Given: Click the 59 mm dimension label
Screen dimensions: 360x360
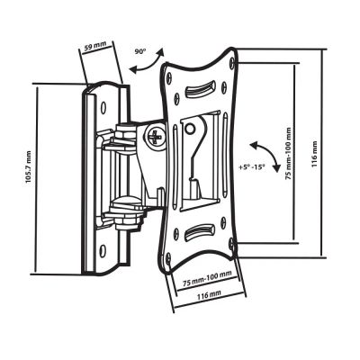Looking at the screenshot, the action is (95, 46).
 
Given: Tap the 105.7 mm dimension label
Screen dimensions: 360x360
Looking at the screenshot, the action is (28, 167).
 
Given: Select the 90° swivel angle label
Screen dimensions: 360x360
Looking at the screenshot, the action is (139, 51).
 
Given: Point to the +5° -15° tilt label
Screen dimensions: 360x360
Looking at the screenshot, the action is (252, 167).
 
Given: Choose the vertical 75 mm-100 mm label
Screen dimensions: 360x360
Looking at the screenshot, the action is (288, 154).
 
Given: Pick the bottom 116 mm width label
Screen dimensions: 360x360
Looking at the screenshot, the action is (209, 296).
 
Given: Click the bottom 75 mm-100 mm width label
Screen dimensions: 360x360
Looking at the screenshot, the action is (207, 279).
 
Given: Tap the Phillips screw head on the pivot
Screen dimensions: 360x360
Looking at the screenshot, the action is (156, 137).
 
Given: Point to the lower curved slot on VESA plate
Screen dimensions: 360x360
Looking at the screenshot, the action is (199, 232).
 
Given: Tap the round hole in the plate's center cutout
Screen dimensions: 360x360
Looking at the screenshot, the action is (189, 129).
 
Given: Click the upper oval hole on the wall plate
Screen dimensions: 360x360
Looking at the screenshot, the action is (103, 107).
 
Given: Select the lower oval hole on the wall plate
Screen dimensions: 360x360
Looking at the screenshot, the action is (103, 249).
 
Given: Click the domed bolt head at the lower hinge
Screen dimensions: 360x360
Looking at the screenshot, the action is (125, 202).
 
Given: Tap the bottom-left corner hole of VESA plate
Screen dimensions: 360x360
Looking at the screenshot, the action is (168, 258).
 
